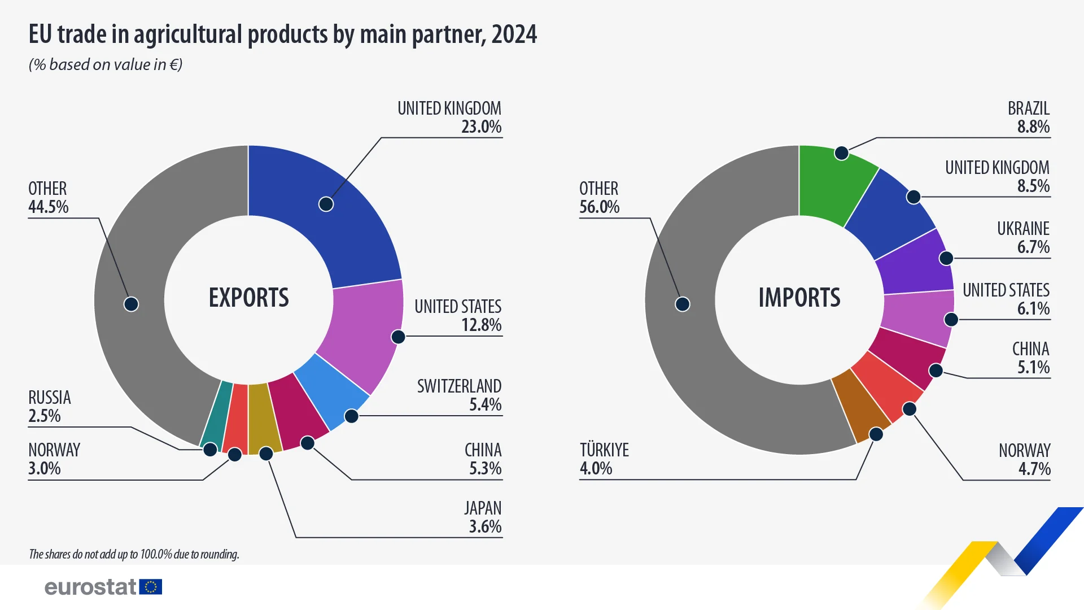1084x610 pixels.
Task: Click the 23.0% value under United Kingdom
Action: coord(481,127)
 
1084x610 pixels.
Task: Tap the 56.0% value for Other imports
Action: coord(599,207)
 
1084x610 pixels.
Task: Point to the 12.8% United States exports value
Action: coord(481,325)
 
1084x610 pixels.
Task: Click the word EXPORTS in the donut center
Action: coord(248,298)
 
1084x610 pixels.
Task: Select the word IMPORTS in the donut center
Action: coord(799,298)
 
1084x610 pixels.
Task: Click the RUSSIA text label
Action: coord(50,398)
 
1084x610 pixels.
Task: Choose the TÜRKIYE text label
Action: coord(604,450)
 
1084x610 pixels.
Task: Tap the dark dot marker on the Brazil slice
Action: coord(841,153)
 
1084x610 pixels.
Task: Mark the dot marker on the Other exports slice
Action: coord(131,304)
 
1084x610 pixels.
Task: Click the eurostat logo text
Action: coord(90,587)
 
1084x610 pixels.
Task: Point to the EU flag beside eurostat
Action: coord(151,587)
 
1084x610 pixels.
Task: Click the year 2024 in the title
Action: coord(514,34)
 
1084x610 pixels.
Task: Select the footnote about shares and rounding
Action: coord(134,554)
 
